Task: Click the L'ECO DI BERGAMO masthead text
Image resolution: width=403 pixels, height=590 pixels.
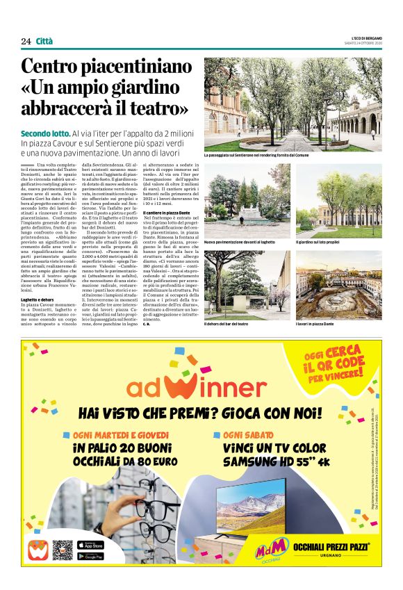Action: point(363,38)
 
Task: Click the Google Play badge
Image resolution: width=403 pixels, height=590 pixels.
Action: point(90,556)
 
